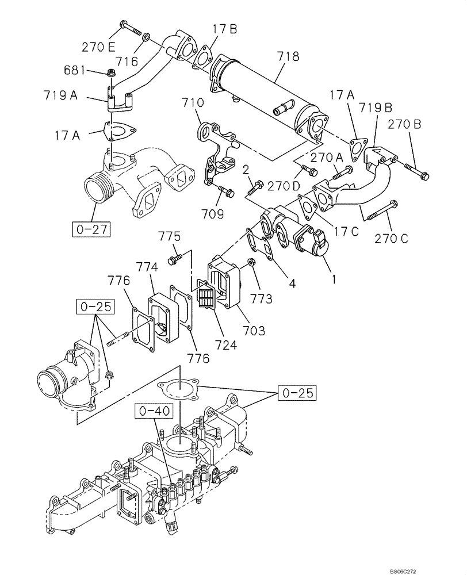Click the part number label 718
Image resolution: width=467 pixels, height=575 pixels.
(288, 56)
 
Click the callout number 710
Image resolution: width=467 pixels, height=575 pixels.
(193, 104)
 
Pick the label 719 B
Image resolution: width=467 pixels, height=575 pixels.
(376, 108)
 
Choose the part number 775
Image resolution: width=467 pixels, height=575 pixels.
(170, 236)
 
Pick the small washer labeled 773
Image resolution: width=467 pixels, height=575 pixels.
(252, 262)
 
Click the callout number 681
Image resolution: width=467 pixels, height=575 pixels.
(74, 70)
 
